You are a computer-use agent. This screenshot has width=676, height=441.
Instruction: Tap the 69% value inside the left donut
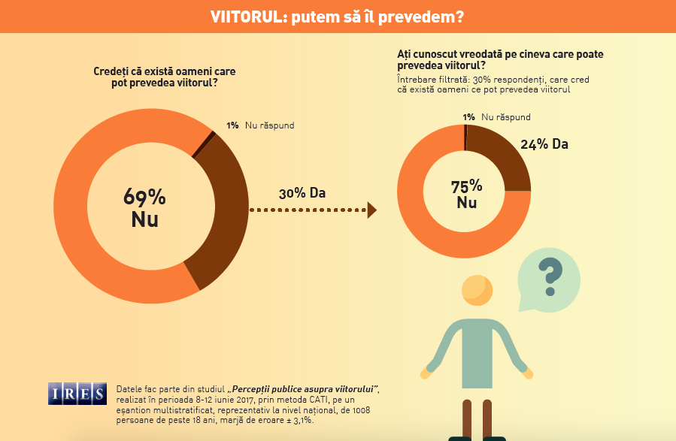(x=144, y=198)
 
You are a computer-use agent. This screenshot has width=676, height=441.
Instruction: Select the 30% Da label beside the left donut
(x=302, y=193)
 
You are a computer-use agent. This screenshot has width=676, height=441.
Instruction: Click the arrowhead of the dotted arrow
(x=371, y=210)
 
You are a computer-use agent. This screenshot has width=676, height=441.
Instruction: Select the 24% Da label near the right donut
(x=544, y=143)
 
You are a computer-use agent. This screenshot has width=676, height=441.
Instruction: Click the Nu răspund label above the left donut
(x=269, y=125)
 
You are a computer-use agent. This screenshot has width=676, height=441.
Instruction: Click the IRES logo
(x=78, y=392)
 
